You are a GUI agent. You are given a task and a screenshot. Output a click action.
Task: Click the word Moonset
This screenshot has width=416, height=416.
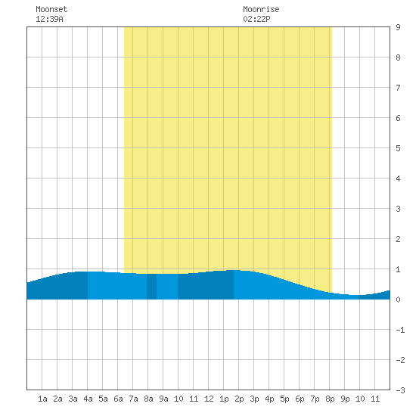51,9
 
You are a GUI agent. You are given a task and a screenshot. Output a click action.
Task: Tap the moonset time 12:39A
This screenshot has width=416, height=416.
49,19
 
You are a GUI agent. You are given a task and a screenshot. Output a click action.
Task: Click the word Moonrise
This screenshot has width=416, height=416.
261,9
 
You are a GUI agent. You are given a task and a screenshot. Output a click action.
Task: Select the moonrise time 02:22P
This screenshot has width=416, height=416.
256,19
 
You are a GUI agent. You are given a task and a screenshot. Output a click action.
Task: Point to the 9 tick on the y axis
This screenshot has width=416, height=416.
398,27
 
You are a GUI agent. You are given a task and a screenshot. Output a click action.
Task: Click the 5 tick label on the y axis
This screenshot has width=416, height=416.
398,148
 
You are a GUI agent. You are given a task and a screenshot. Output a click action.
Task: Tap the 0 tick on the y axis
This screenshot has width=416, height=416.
398,300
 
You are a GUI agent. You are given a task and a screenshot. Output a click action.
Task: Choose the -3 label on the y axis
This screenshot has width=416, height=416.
400,390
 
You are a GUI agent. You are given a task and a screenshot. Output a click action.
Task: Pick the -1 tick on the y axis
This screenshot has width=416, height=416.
400,330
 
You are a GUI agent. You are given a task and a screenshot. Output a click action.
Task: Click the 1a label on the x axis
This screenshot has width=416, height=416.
42,399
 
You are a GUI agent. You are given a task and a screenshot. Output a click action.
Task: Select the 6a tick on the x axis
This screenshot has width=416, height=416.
118,399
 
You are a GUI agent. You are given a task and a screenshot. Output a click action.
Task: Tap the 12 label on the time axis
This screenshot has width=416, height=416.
209,399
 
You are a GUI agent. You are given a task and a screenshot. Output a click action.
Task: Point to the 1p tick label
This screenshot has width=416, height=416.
224,399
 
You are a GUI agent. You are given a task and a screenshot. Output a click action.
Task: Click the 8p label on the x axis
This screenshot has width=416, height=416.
330,399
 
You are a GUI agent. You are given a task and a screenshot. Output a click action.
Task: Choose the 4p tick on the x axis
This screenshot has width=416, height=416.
269,399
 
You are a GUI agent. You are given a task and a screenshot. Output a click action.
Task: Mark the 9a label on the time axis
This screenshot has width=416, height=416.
163,399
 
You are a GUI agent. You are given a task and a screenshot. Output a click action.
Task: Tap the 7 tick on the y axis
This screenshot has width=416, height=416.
398,88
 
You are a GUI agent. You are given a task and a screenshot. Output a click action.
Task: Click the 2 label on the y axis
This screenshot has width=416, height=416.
398,239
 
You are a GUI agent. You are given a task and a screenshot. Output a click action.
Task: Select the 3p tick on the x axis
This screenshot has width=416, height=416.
254,399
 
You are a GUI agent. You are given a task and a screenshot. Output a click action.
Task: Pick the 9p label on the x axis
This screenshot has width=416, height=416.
345,399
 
